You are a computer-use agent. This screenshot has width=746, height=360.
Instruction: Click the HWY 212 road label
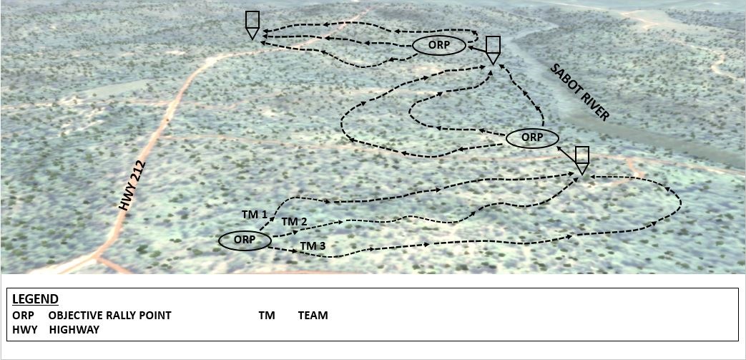click(135, 186)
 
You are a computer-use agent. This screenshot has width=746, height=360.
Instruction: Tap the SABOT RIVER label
click(580, 92)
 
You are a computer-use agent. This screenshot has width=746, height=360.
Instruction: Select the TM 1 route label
click(255, 214)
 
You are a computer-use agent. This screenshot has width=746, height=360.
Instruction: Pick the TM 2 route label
click(294, 222)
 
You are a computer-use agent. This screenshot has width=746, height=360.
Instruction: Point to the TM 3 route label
click(313, 246)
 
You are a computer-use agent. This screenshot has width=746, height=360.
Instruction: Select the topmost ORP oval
click(439, 45)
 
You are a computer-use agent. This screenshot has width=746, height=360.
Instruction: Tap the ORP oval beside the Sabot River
click(531, 137)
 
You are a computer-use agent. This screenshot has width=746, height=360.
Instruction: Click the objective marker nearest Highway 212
click(252, 24)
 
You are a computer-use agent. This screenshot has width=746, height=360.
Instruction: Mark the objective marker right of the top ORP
click(492, 49)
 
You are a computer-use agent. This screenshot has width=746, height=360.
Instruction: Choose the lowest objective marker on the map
click(582, 160)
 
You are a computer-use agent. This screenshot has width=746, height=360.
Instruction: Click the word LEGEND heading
click(35, 299)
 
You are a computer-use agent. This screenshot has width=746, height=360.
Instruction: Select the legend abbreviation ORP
click(23, 315)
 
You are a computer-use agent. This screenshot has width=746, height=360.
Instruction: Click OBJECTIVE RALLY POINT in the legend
click(110, 315)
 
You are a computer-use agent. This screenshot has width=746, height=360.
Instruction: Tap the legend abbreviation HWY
click(24, 329)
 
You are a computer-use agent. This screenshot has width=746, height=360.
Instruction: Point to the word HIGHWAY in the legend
click(74, 329)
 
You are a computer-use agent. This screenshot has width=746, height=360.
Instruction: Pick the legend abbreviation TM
click(267, 315)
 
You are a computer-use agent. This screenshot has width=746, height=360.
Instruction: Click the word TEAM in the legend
click(313, 315)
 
